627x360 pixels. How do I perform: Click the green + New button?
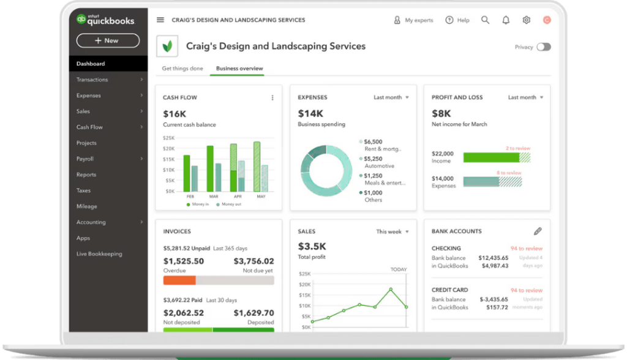[x=108, y=40]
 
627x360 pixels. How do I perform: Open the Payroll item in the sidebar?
[x=85, y=159]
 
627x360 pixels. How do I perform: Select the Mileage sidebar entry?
[x=86, y=206]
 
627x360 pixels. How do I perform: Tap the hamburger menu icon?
[x=160, y=20]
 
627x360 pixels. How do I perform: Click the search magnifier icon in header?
[x=485, y=20]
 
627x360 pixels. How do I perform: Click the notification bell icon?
[x=506, y=20]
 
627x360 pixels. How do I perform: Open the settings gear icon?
[x=526, y=20]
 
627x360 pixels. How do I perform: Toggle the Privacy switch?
[x=543, y=47]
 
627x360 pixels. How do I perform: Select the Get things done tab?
[x=182, y=69]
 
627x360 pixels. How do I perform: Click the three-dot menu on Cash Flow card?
[x=272, y=98]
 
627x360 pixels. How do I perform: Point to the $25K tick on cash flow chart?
[x=169, y=138]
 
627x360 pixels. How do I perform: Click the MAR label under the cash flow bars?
[x=214, y=197]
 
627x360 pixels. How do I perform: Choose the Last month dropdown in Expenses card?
[x=391, y=97]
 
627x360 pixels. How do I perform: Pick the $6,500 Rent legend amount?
[x=374, y=141]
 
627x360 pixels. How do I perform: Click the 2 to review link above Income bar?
[x=518, y=148]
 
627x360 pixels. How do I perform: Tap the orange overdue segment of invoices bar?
[x=179, y=280]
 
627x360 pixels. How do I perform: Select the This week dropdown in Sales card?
[x=392, y=231]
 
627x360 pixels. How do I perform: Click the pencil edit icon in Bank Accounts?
[x=538, y=231]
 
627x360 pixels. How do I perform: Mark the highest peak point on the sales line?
[x=391, y=289]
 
